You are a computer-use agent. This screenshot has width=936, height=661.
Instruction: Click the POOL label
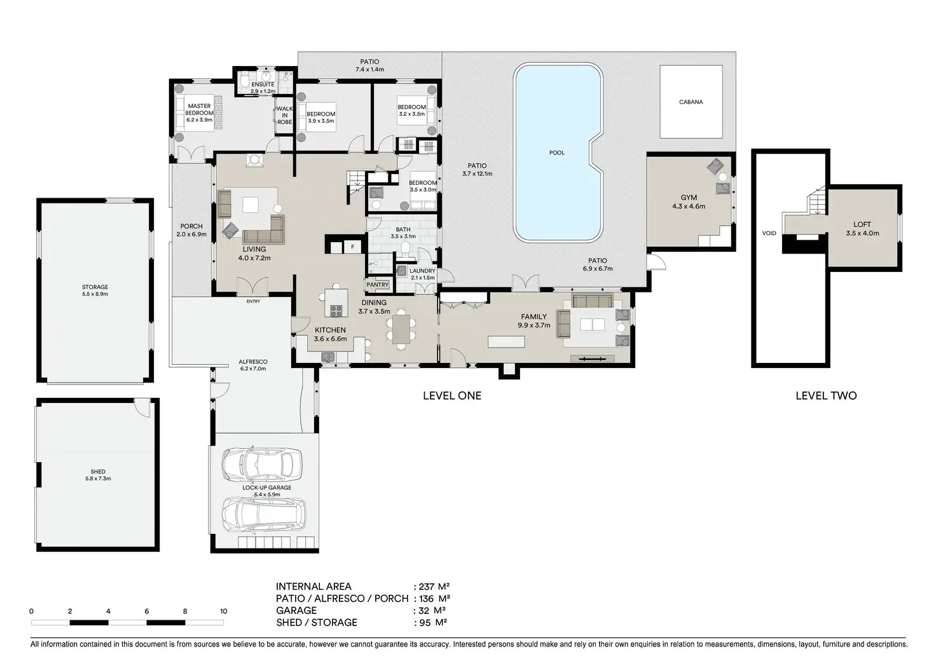556,153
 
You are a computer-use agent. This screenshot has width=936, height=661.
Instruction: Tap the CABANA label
691,102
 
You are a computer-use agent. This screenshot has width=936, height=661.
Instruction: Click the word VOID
769,233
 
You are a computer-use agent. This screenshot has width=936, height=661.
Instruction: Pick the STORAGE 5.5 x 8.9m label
95,290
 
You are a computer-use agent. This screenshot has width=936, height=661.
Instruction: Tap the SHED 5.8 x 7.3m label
98,475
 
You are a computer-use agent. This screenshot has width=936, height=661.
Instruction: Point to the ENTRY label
253,301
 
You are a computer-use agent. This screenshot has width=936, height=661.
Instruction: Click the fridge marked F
353,247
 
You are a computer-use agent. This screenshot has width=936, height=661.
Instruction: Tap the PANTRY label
377,285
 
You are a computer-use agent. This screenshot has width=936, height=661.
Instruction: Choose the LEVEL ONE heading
452,395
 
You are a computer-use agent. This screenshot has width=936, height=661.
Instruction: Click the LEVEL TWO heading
826,395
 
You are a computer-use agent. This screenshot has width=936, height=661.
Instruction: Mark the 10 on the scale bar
224,611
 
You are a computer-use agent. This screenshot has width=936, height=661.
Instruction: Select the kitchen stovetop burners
336,311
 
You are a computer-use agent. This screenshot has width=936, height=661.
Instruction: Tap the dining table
401,329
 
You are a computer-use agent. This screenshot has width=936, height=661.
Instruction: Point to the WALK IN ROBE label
285,115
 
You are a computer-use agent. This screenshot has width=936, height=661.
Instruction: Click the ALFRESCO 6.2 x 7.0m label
253,365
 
